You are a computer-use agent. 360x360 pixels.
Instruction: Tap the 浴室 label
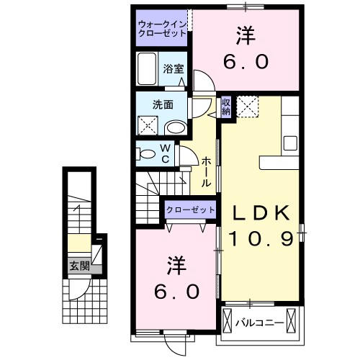click(172, 69)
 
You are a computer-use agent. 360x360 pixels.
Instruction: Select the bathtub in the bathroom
click(146, 70)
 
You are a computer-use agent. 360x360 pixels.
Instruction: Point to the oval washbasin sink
click(174, 127)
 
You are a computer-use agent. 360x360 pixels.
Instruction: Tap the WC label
click(165, 153)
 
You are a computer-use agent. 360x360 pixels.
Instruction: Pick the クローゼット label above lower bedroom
click(191, 209)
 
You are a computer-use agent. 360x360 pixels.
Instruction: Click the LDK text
click(260, 212)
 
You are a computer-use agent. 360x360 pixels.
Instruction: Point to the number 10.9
click(261, 238)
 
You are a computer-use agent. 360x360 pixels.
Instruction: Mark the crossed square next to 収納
click(248, 107)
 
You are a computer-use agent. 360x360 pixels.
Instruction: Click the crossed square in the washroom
click(149, 127)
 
